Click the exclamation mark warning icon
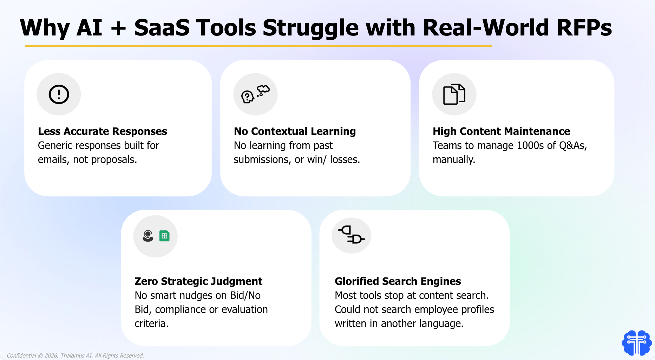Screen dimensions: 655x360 [x=59, y=94]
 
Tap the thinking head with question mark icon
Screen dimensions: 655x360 [x=255, y=94]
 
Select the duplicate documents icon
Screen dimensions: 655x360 [x=454, y=94]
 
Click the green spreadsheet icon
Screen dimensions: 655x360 [x=164, y=236]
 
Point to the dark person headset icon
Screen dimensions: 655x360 [x=148, y=236]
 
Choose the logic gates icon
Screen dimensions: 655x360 [x=351, y=235]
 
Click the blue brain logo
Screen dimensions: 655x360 [x=637, y=343]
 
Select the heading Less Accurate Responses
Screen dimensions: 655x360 [x=103, y=131]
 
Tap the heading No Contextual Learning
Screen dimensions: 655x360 [x=295, y=131]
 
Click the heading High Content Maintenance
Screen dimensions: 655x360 [x=502, y=131]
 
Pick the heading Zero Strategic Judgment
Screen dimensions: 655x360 [x=198, y=281]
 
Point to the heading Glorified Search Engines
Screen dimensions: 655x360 [x=398, y=281]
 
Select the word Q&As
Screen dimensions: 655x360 [x=573, y=146]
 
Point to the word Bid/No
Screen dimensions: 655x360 [x=245, y=295]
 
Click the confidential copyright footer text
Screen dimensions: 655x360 [x=75, y=355]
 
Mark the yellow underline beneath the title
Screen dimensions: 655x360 [x=258, y=46]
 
